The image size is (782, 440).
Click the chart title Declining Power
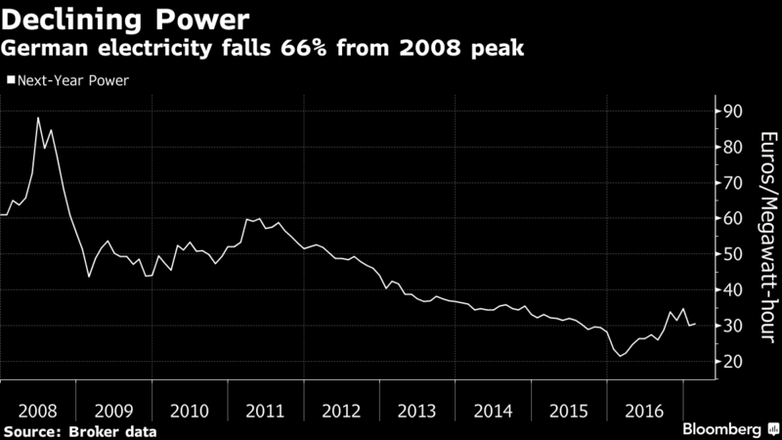coord(125,21)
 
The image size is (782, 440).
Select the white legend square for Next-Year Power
coord(11,80)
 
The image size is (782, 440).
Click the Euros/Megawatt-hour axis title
coord(768,237)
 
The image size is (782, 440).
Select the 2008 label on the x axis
coord(37,411)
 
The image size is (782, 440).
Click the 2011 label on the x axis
coord(265,411)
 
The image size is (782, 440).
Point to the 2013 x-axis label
coord(416,411)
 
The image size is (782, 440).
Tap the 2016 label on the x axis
coord(644,411)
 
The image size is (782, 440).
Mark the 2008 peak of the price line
coord(38,117)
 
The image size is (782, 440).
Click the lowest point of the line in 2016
coord(621,356)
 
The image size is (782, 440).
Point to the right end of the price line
coord(695,325)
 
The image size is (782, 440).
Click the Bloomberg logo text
coord(721,429)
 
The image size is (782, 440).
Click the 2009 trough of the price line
coord(89,277)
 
